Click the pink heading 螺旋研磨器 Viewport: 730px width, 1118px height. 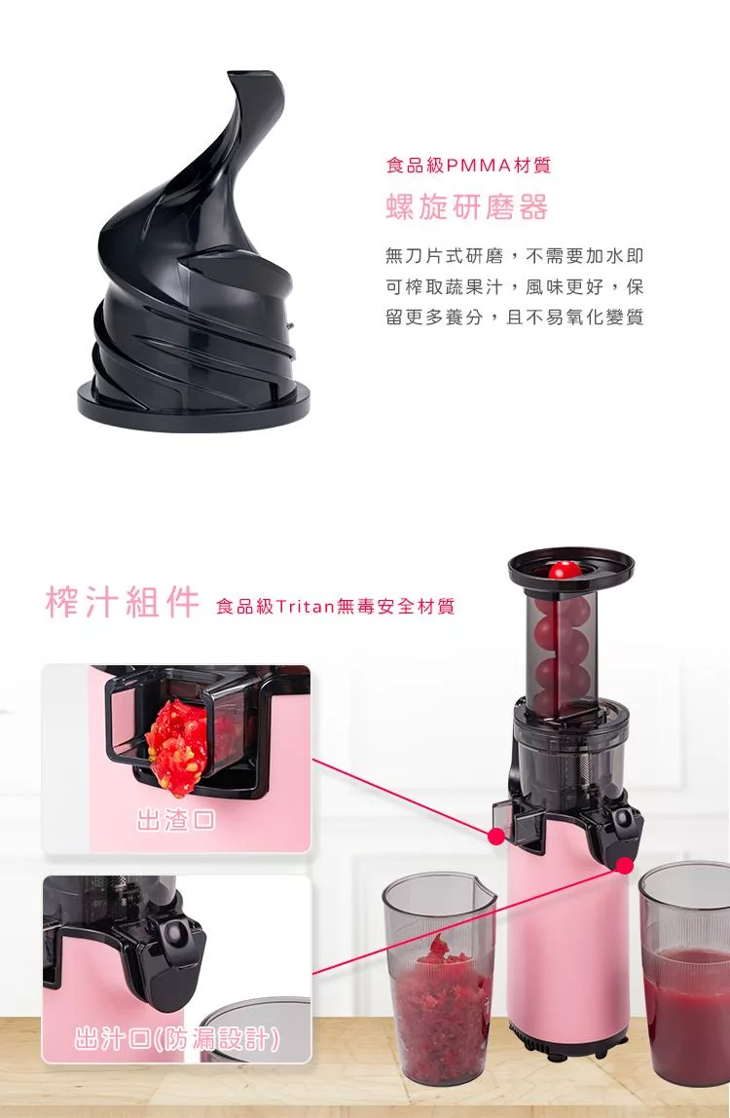(467, 207)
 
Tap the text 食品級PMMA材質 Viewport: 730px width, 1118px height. (468, 166)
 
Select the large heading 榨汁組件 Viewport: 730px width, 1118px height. (122, 603)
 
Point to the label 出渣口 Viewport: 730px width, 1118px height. (175, 820)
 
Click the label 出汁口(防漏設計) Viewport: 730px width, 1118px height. (177, 1039)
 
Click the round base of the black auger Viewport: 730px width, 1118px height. (194, 405)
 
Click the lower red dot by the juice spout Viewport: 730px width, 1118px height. (624, 865)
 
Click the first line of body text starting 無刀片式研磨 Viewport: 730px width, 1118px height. (514, 255)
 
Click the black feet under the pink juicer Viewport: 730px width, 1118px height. (568, 1042)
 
